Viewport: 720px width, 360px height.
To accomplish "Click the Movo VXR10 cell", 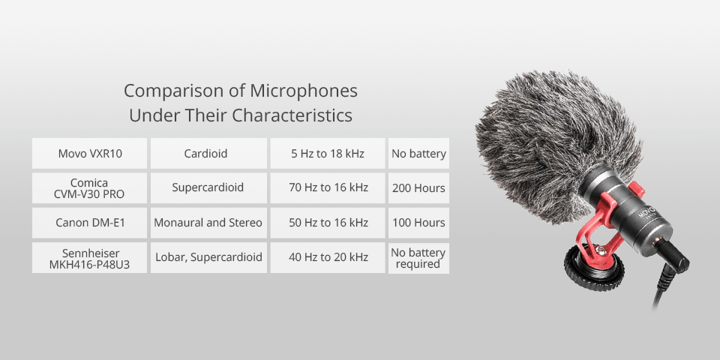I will click(x=90, y=154).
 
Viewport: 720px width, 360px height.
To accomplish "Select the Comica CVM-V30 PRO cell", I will click(x=90, y=188).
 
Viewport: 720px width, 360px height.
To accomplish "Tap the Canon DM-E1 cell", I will click(x=90, y=223).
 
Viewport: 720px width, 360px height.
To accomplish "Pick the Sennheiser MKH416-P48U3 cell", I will click(x=90, y=257).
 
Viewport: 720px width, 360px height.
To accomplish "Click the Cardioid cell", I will click(x=208, y=154).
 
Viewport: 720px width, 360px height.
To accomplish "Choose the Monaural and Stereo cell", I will click(x=208, y=223).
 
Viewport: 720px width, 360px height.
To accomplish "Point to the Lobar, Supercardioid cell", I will click(x=208, y=257).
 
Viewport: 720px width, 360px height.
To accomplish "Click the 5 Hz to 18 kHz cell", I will click(x=328, y=154).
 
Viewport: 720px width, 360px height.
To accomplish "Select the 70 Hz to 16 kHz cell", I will click(x=328, y=188).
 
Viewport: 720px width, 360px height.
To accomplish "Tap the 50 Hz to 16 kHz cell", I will click(x=328, y=223).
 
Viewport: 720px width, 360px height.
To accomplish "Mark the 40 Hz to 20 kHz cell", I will click(x=328, y=257).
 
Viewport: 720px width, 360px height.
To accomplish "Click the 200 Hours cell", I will click(x=418, y=188).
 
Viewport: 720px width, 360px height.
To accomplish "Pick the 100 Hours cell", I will click(x=418, y=223).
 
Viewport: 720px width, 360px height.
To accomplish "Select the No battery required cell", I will click(x=418, y=257).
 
